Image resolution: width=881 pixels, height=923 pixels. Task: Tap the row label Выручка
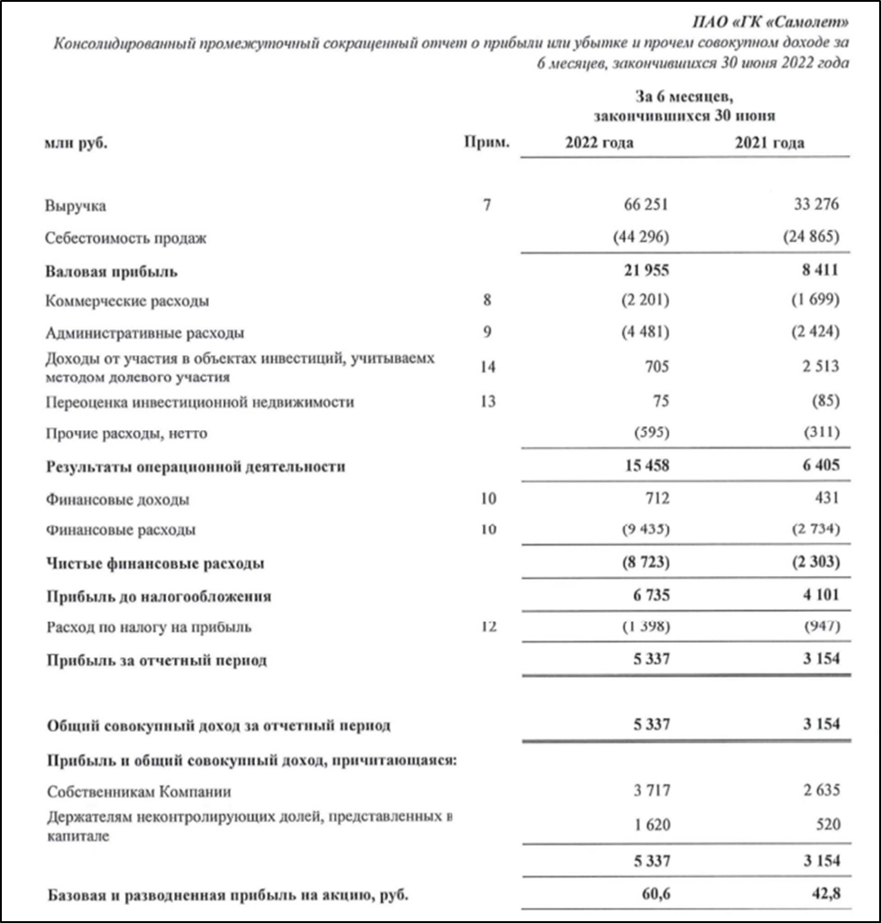click(76, 206)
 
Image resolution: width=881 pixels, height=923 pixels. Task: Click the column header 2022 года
click(599, 143)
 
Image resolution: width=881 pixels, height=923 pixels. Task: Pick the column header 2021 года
click(770, 143)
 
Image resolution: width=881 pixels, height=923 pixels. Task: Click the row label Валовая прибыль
click(111, 270)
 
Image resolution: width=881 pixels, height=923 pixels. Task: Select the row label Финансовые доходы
click(117, 499)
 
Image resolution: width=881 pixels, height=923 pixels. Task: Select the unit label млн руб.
click(77, 143)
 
